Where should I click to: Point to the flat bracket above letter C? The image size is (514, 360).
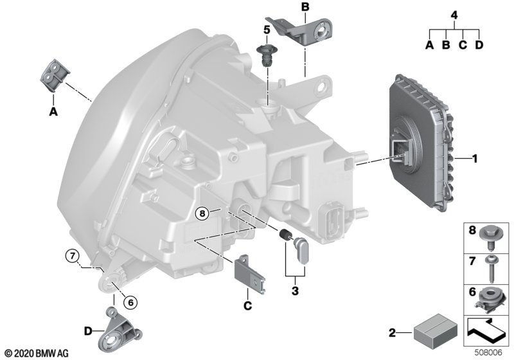click(250, 273)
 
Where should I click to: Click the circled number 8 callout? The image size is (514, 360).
click(202, 214)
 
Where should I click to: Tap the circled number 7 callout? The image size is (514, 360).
click(73, 256)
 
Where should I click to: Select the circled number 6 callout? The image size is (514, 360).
click(130, 303)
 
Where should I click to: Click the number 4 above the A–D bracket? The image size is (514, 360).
click(454, 15)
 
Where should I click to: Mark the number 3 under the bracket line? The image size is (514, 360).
click(295, 291)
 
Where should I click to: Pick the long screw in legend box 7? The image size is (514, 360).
click(492, 268)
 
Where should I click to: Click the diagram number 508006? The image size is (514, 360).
click(489, 353)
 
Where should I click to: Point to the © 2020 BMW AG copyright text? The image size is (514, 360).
click(37, 354)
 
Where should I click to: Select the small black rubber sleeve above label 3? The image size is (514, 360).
click(284, 235)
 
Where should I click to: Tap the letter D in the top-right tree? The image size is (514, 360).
click(479, 45)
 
